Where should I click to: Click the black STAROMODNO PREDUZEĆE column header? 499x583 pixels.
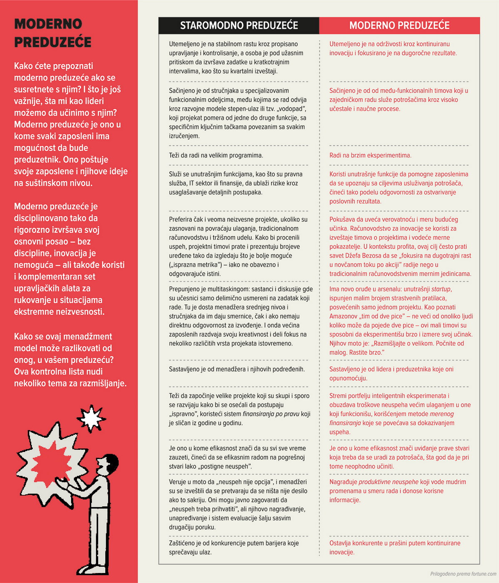239,26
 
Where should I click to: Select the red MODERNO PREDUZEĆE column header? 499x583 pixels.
399,26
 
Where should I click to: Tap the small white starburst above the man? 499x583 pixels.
91,417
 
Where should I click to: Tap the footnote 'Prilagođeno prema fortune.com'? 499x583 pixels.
463,574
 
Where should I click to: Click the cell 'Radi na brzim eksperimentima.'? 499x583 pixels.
370,155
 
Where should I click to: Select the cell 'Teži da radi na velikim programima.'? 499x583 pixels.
216,155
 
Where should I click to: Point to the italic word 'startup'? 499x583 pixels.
441,289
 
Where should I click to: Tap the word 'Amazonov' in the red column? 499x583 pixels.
343,316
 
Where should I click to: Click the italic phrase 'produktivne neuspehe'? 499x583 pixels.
388,482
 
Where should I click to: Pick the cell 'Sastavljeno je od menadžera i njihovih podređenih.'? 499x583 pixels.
237,369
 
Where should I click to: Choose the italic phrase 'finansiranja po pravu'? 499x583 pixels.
271,414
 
